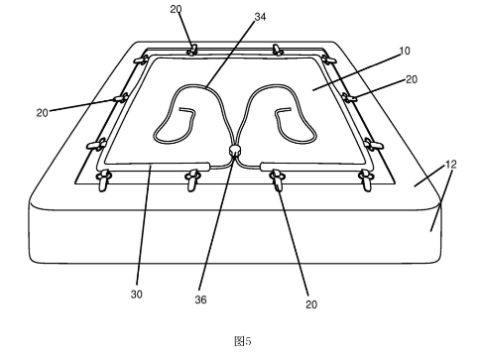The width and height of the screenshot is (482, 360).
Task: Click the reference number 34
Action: (260, 17)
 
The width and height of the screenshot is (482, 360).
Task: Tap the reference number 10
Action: (405, 51)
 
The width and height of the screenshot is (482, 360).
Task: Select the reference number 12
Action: (451, 164)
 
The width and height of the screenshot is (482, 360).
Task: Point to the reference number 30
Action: (137, 294)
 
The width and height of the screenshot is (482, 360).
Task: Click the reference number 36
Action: (200, 300)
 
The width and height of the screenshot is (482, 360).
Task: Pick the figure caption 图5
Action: (243, 341)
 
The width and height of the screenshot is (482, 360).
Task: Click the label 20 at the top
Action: (176, 9)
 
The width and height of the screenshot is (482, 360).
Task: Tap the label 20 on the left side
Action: (43, 113)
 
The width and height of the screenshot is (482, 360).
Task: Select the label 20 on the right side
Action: (412, 79)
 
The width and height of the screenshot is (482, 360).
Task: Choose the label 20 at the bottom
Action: (311, 304)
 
